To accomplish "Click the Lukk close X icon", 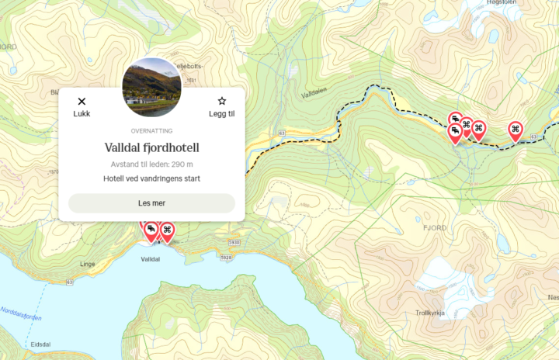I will coord(82,101).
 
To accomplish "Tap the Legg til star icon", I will coord(222,101).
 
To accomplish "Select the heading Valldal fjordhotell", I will coord(152,147).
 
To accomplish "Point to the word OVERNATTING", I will coord(152,131).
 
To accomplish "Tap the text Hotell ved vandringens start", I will coord(152,178).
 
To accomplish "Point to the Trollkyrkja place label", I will coord(429,313).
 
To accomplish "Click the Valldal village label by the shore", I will coord(150,259).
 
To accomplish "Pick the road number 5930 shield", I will coord(226,257).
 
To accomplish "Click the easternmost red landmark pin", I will coord(515,130).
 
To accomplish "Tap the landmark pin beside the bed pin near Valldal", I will coord(166,230).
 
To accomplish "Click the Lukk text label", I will coord(82,114).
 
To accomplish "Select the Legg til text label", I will coord(222,114).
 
